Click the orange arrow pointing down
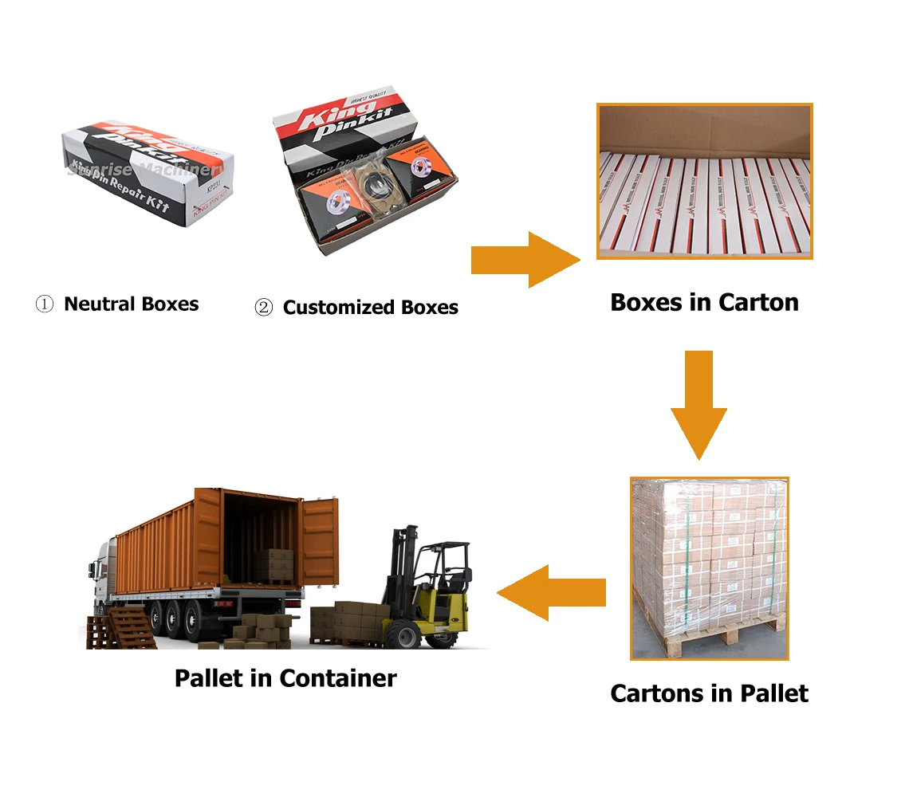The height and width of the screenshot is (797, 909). (x=699, y=402)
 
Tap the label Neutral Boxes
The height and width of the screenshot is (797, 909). (x=131, y=304)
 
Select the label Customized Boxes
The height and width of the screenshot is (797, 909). (x=370, y=307)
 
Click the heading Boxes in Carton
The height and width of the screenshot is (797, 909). (x=704, y=303)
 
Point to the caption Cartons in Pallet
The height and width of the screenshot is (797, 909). (x=709, y=693)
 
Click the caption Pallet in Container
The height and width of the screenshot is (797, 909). (x=285, y=678)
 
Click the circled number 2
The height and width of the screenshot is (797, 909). (x=263, y=308)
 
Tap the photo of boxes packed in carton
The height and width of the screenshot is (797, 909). (x=705, y=181)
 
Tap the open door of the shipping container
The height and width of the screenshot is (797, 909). (x=319, y=542)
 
